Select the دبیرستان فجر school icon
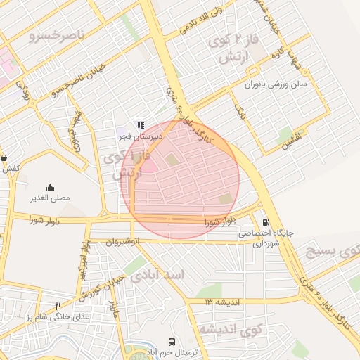click(x=140, y=124)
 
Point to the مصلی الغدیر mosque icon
click(x=50, y=187)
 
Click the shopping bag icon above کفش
click(x=5, y=158)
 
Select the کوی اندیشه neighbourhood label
click(x=229, y=329)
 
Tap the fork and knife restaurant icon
click(x=58, y=306)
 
